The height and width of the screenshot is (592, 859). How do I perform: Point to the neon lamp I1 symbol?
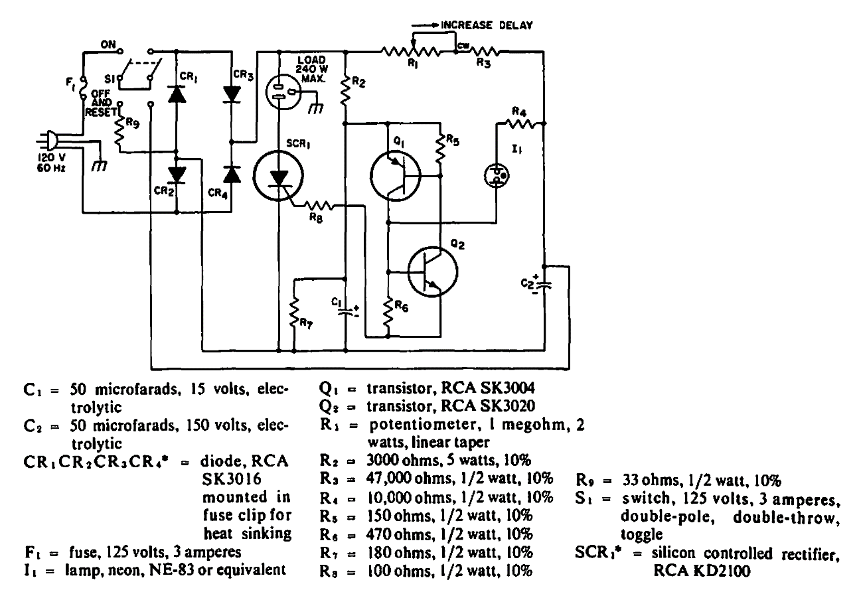495,174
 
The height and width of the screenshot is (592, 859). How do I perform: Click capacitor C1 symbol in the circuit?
345,311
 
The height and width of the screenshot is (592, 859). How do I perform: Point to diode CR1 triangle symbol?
177,94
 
